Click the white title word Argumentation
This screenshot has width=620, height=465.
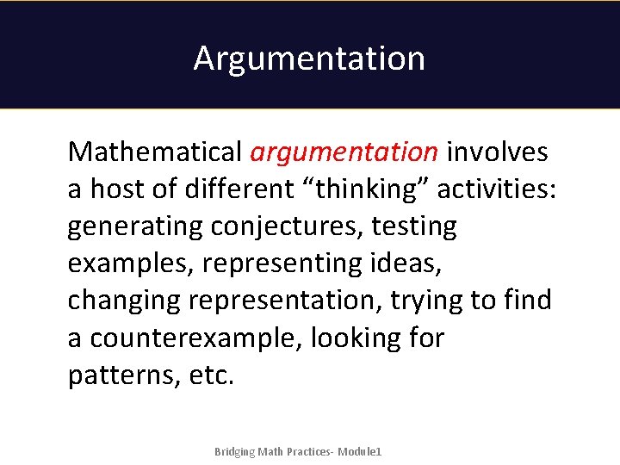click(309, 59)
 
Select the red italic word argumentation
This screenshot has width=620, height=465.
click(344, 152)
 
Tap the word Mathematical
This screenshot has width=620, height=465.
click(155, 152)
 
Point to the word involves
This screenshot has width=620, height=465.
click(497, 152)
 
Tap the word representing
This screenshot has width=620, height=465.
click(276, 264)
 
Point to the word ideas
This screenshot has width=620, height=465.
click(401, 264)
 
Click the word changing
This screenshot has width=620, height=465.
click(124, 301)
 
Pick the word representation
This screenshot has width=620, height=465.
click(285, 301)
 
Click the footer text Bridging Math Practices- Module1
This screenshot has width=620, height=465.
click(298, 452)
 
